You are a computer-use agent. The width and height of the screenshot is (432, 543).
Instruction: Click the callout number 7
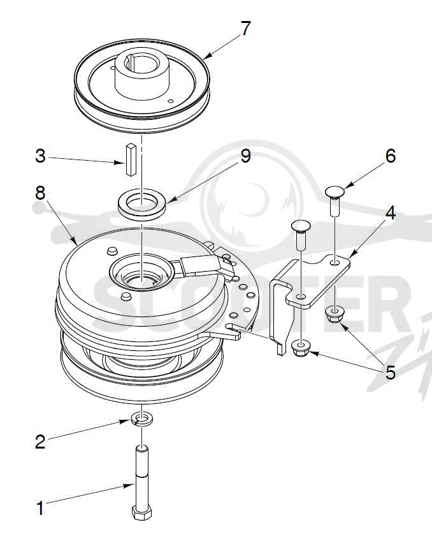(x=245, y=29)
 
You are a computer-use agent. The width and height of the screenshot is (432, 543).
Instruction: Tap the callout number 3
(x=41, y=156)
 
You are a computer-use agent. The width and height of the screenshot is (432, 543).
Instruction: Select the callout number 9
(x=245, y=156)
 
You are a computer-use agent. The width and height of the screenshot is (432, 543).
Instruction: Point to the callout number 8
(x=40, y=193)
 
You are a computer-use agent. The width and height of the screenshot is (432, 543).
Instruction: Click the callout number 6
(x=391, y=156)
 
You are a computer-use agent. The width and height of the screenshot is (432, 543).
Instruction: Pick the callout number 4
(x=391, y=214)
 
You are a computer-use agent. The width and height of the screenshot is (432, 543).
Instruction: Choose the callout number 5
(x=391, y=373)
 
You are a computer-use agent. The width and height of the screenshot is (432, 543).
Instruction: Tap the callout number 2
(x=40, y=442)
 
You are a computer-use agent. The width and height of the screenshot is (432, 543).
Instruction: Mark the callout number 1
(x=41, y=509)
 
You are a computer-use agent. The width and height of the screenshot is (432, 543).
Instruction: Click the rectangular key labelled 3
(x=131, y=160)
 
